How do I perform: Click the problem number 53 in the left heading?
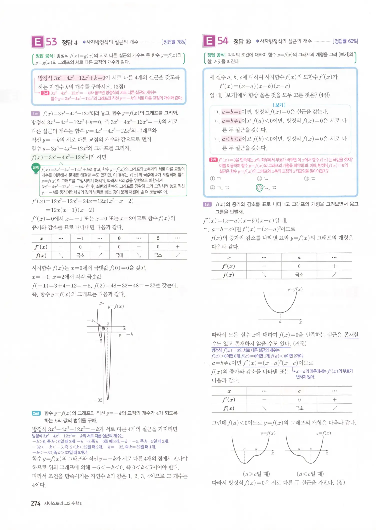51,42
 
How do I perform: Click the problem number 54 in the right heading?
223,41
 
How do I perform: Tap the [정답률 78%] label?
174,42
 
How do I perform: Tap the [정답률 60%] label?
345,41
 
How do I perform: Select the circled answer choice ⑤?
259,188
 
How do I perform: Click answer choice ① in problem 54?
212,179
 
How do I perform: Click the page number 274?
35,503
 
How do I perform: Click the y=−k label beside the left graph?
126,334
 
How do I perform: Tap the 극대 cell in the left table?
119,255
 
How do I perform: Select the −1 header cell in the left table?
80,238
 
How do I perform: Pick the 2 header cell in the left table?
158,238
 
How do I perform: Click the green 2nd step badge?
36,413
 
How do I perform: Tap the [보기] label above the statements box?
279,105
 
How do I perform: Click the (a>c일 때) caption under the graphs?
256,474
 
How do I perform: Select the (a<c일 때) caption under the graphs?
310,474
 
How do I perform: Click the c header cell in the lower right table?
299,391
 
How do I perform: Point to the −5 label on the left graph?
99,341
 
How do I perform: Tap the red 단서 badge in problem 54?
213,160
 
